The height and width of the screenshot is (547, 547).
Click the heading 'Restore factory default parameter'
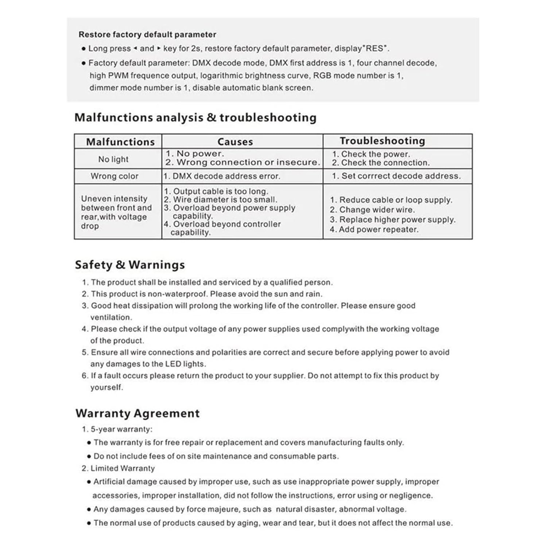[x=147, y=35]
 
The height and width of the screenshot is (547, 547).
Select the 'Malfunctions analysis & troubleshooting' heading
[x=195, y=117]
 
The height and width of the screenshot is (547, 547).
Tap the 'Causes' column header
[x=235, y=141]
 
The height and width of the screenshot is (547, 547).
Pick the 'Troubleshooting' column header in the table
[x=382, y=141]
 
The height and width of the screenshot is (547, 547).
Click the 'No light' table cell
[x=113, y=159]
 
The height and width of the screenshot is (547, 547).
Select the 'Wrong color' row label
[x=115, y=176]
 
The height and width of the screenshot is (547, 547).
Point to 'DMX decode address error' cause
[x=226, y=176]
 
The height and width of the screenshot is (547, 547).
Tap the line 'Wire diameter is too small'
[x=225, y=199]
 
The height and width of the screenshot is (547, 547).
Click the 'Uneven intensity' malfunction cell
[x=114, y=199]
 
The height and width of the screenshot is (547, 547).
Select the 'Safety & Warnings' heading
[x=130, y=265]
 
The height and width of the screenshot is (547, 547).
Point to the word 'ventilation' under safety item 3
[x=111, y=317]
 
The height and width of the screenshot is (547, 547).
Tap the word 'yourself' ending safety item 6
[x=106, y=387]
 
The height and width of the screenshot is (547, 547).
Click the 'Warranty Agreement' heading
[x=137, y=413]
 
